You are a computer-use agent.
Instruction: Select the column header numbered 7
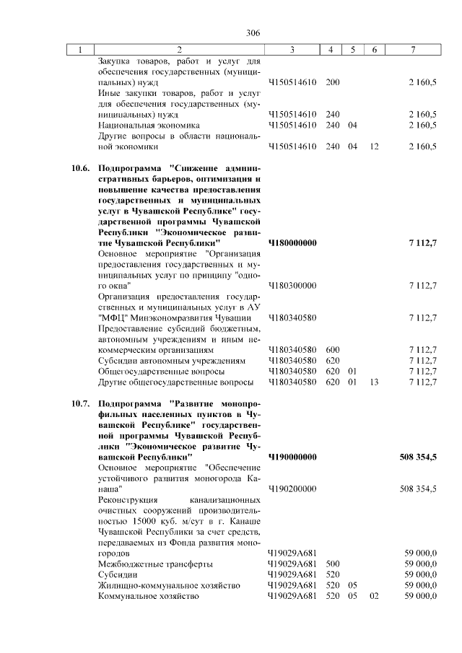pos(412,50)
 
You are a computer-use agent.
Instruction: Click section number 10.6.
pos(80,168)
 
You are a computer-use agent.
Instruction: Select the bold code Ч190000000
pos(292,457)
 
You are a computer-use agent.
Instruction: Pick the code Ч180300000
pos(292,286)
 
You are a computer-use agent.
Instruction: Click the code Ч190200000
pos(292,489)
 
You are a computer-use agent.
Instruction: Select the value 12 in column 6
pos(373,146)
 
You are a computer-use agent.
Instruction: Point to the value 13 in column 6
pos(373,382)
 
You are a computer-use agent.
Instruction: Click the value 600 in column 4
pos(333,350)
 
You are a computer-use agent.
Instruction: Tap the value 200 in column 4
pos(333,82)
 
